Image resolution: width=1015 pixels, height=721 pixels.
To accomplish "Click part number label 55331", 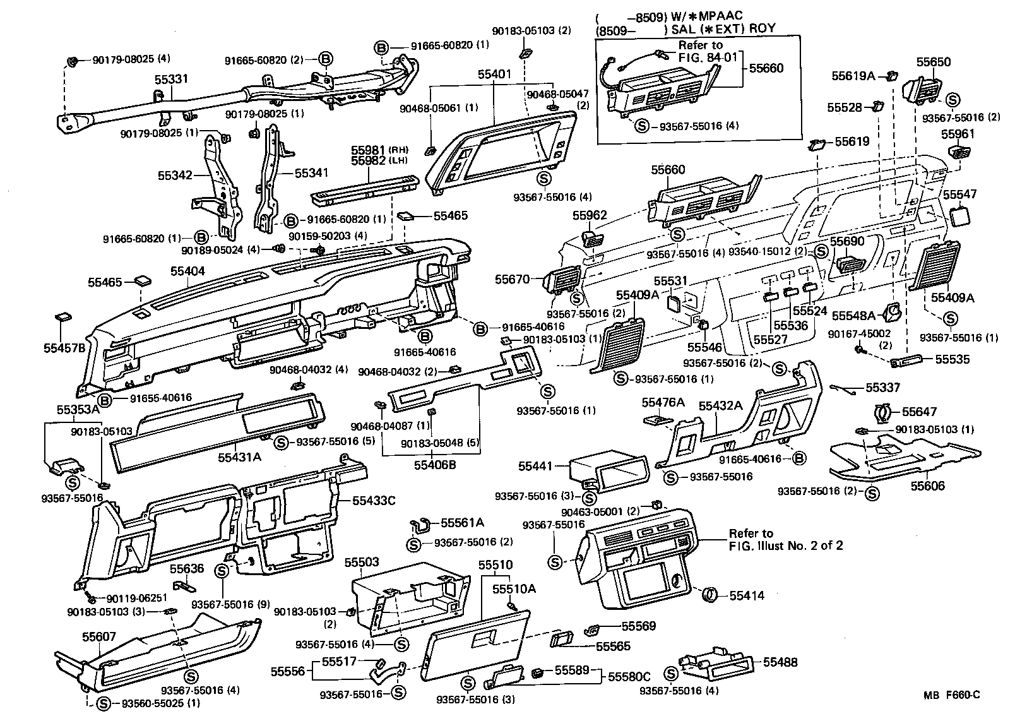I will [172, 80].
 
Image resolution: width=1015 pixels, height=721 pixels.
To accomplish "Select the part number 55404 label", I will [187, 271].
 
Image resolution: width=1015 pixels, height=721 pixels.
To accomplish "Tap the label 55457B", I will [64, 347].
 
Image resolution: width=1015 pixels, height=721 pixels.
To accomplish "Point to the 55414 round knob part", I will [710, 595].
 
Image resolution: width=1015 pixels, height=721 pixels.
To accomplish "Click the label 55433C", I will [374, 501].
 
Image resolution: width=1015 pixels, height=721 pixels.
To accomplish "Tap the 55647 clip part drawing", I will [882, 413].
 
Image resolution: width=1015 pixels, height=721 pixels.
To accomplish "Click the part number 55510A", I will [514, 588].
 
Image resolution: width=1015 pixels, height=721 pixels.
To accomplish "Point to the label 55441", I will [536, 466].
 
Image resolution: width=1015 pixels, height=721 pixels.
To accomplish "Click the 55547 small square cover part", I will [960, 216].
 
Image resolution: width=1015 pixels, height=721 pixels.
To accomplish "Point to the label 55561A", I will [462, 522].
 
